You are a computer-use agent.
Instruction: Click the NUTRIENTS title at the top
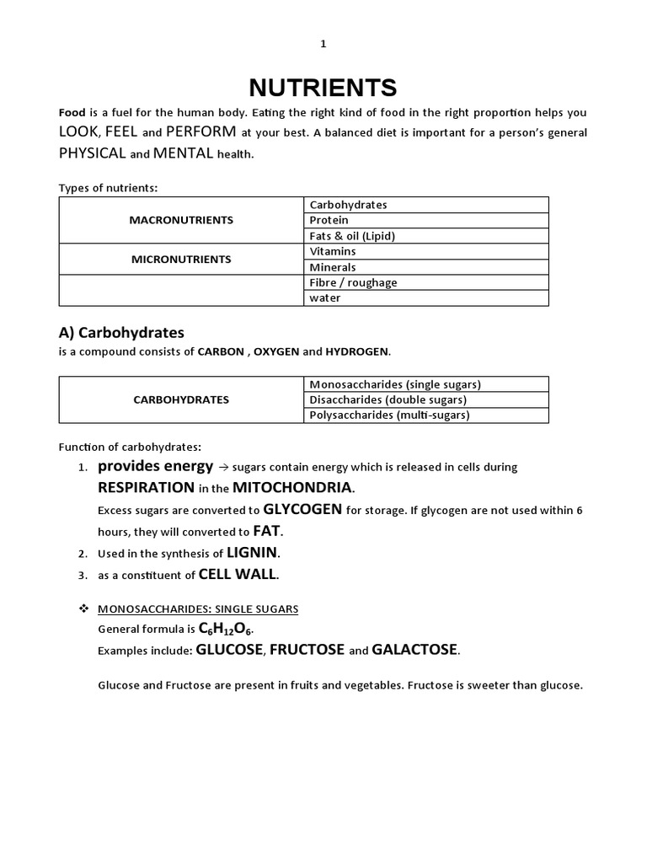pos(323,88)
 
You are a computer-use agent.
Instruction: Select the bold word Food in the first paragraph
pos(72,112)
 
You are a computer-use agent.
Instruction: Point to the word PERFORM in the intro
pos(201,132)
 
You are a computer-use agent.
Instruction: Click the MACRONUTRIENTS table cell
pos(181,220)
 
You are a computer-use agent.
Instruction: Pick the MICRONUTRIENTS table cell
pos(181,260)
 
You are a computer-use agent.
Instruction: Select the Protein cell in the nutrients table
pos(329,220)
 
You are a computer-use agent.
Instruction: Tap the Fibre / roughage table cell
pos(353,282)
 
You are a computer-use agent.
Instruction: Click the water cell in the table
pos(325,298)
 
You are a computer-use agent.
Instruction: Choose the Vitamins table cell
pos(333,251)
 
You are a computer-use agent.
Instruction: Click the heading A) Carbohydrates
pos(121,332)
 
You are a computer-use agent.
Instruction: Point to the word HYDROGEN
pos(357,351)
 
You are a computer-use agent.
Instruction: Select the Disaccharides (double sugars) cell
pos(388,399)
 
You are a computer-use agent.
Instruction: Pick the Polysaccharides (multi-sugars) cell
pos(389,415)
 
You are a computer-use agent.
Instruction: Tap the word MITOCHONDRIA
pos(293,488)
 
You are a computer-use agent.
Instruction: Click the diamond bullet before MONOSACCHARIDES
pos(83,608)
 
